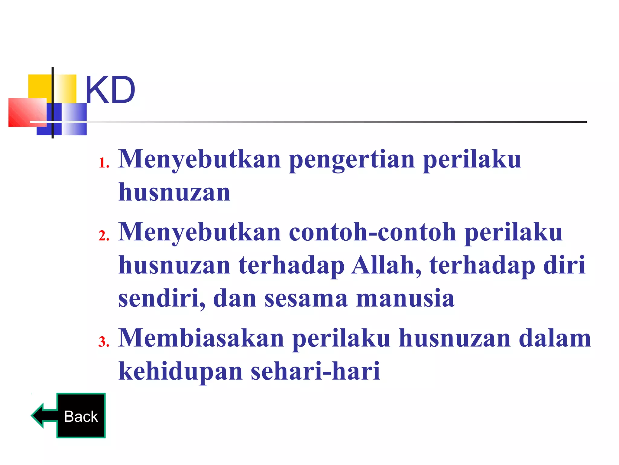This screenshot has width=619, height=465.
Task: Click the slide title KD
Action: point(110,90)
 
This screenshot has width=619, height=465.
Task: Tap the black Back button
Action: point(81,416)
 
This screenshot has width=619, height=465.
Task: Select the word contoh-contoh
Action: point(372,232)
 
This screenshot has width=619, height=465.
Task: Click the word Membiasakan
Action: point(201,338)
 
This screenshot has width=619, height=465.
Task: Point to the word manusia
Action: point(405,298)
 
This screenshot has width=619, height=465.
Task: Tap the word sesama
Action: point(306,298)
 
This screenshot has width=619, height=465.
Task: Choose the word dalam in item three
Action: point(555,338)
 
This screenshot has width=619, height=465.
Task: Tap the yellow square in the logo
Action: point(39,86)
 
